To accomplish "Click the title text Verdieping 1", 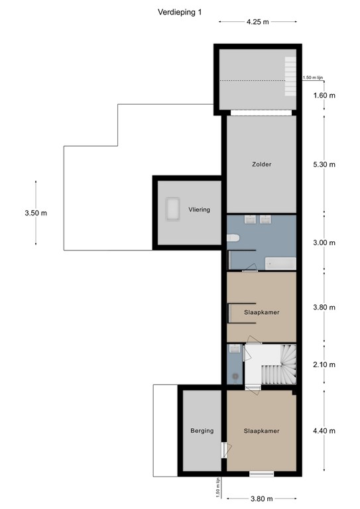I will [x=179, y=11].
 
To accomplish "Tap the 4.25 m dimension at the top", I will [x=257, y=21].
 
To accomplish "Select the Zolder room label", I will [x=261, y=164].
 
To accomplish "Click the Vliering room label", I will [x=199, y=209].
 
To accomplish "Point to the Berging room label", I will [x=202, y=431].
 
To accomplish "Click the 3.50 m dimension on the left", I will [x=35, y=213].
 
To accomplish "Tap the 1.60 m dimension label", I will [x=324, y=95].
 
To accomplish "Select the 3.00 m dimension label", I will [x=324, y=243].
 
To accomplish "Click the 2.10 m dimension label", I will [x=324, y=365].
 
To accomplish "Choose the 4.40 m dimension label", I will [x=324, y=431].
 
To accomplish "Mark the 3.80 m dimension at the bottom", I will [x=261, y=498].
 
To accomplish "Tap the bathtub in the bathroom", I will [x=280, y=264].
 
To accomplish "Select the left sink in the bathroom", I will [x=250, y=220].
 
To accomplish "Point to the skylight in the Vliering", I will [x=174, y=209].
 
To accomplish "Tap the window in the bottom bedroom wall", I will [x=261, y=473].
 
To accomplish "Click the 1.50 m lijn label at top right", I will [x=312, y=78].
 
